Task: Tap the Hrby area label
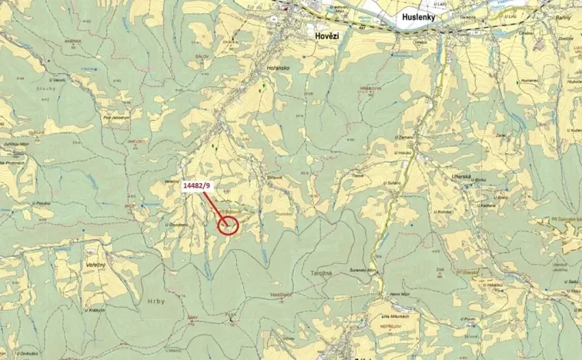(155, 302)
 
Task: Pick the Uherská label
(461, 178)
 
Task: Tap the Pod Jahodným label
(115, 118)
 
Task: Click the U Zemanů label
(405, 136)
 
